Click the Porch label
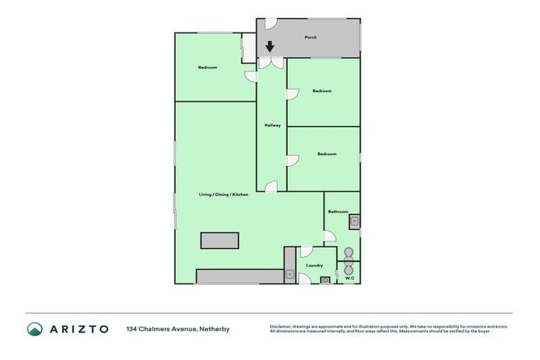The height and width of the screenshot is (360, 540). (x=309, y=37)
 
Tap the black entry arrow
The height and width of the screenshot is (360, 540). (x=270, y=47)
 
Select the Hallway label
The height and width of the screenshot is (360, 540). (x=272, y=125)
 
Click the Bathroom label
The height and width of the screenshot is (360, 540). (x=338, y=212)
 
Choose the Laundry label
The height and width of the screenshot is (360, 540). (x=314, y=265)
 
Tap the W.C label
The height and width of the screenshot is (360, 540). (x=349, y=278)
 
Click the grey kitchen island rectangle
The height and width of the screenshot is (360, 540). (x=219, y=240)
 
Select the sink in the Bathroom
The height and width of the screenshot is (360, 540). (x=354, y=223)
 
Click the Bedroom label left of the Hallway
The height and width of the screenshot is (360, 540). (x=207, y=67)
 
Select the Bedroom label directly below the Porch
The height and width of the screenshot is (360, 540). (x=322, y=91)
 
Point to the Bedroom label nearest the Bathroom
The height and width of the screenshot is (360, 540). (x=327, y=154)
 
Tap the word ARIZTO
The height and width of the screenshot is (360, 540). (x=79, y=328)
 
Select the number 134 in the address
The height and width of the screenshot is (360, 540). (x=131, y=328)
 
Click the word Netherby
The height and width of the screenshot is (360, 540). (x=214, y=328)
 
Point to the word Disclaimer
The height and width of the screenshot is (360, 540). (x=281, y=326)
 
